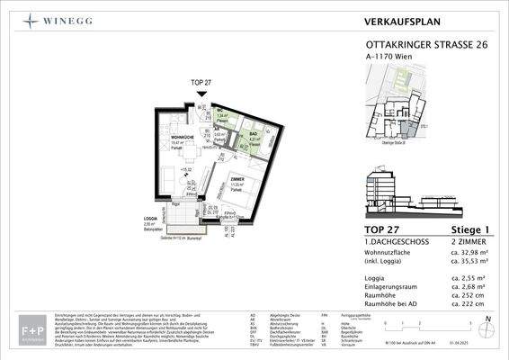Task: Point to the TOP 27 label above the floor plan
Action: pyautogui.click(x=203, y=84)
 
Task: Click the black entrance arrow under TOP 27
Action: pyautogui.click(x=203, y=94)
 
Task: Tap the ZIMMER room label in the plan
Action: pyautogui.click(x=236, y=180)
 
